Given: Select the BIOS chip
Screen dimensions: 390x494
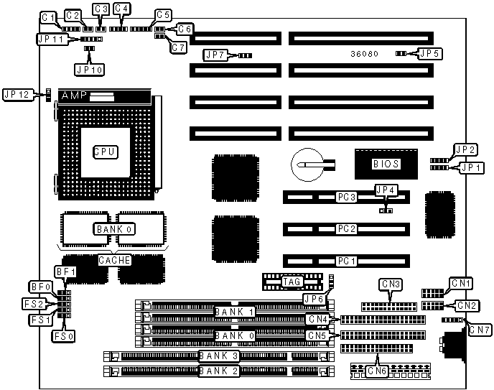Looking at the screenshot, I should pos(385,163).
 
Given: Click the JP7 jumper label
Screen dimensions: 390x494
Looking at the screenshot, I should pos(216,55).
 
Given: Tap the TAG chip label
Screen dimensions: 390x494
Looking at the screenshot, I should pos(292,282).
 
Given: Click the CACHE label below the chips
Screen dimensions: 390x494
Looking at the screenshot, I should pos(114,260).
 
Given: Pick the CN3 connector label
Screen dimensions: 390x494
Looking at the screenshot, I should pos(391,284).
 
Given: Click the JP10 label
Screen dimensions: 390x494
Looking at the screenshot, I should pos(89,70).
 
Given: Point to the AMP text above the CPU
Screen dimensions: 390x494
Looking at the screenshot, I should pos(75,96).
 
